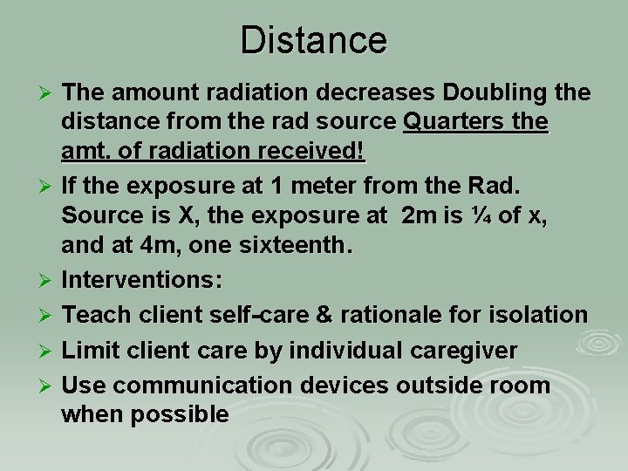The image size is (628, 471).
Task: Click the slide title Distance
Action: [313, 39]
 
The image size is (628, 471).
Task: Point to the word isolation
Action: [537, 313]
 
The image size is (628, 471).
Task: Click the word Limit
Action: [89, 351]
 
